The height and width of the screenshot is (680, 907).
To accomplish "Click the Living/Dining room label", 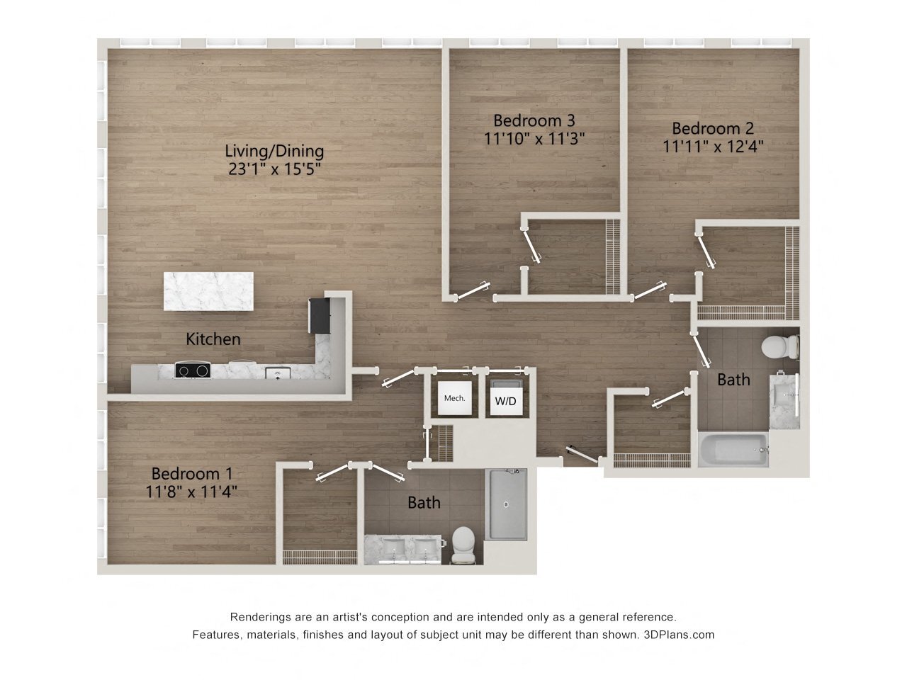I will point(274,151).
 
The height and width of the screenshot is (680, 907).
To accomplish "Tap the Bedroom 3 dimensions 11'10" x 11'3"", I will point(534,138).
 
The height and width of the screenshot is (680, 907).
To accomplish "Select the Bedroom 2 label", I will point(712,128).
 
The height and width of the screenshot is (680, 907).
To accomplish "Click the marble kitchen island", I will point(208,291).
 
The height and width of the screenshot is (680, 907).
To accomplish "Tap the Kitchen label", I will point(213,339).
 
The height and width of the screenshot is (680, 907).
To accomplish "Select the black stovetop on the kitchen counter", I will point(193,370).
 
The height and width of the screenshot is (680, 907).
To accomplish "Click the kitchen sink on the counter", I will point(276,373).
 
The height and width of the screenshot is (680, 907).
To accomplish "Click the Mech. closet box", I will point(454,398).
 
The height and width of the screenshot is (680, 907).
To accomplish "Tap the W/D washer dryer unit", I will point(505,400).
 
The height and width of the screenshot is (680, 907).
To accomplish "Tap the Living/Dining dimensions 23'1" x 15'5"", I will point(274,169).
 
